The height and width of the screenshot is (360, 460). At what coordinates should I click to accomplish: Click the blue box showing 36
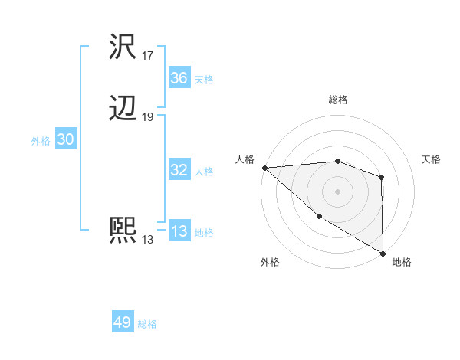(179, 78)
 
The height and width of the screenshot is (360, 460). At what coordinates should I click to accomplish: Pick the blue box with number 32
(179, 170)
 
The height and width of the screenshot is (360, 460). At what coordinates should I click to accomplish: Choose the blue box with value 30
(66, 140)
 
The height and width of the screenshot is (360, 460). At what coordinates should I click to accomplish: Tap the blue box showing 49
(123, 322)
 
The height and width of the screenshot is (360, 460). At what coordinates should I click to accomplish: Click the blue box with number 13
(179, 231)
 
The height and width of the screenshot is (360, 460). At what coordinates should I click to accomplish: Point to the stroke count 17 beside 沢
(148, 56)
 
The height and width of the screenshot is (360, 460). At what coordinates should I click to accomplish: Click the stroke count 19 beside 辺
(148, 117)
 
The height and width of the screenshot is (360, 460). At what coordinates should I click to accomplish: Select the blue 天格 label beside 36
(204, 80)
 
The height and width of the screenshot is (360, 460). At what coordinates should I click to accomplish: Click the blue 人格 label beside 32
(204, 172)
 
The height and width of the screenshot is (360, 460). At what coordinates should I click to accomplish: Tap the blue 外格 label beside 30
(41, 141)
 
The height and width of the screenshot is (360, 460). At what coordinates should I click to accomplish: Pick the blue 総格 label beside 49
(147, 324)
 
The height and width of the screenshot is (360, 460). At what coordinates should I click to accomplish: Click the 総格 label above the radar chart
(338, 100)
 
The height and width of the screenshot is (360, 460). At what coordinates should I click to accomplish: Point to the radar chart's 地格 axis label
(402, 263)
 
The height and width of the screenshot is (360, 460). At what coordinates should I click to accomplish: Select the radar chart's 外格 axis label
(270, 263)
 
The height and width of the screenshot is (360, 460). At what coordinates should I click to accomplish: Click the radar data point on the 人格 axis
(264, 167)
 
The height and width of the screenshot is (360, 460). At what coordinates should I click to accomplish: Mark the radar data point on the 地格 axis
(382, 253)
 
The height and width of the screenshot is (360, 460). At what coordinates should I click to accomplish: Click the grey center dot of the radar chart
(337, 191)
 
